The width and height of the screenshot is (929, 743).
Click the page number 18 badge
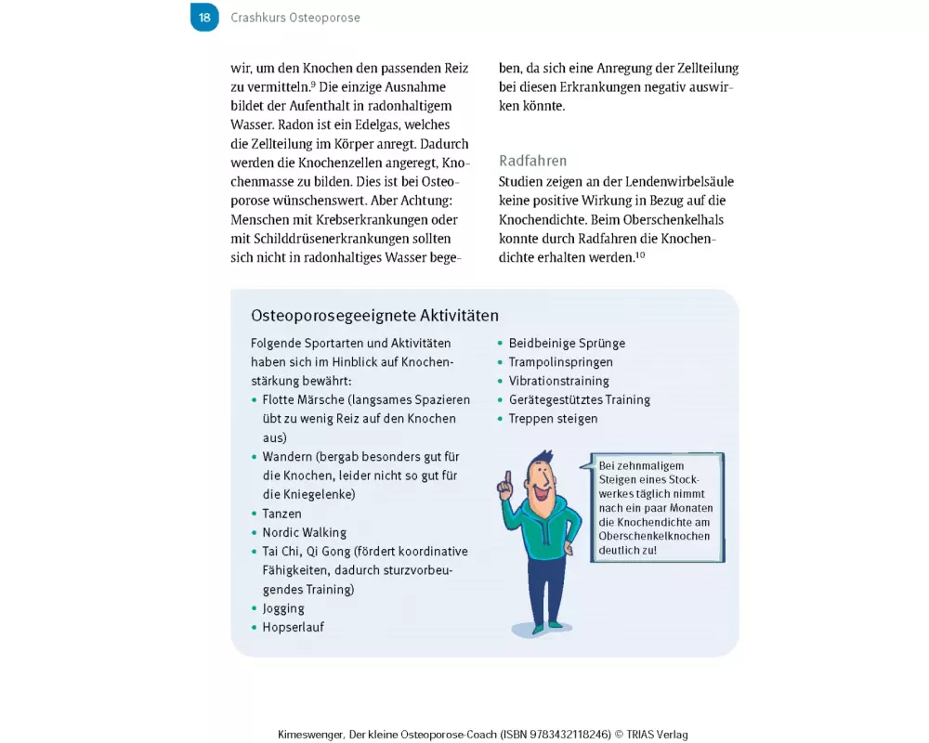point(204,17)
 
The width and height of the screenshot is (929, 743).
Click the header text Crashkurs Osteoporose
point(295,18)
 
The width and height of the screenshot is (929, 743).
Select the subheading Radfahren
point(532,161)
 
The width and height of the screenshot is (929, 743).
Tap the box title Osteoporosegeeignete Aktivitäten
point(374,315)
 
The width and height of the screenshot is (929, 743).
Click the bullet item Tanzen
point(281,514)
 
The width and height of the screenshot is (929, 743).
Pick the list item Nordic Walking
point(304,533)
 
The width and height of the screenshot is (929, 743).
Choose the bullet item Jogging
point(283,608)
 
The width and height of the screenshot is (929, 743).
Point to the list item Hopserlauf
point(293,627)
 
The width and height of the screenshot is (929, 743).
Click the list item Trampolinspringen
point(560,362)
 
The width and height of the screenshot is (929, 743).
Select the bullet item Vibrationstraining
point(558,381)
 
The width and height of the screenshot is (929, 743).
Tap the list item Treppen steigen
point(553,419)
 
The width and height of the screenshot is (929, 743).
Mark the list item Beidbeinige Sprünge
point(567,344)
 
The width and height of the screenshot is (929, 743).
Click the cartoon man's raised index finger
point(505,479)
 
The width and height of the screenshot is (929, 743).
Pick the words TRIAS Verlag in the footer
point(658,735)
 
